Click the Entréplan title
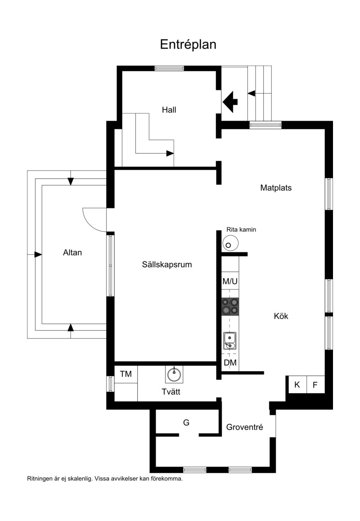(188, 45)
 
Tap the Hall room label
(169, 110)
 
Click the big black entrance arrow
(230, 101)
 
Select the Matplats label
(276, 188)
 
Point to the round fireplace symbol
(230, 243)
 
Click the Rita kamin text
(241, 229)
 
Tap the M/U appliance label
(230, 282)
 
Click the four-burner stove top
(230, 306)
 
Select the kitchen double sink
(229, 341)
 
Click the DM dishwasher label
(230, 363)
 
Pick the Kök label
(281, 316)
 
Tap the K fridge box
(297, 384)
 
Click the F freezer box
(315, 385)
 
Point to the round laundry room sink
(174, 374)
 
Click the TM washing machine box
(126, 374)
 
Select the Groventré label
(245, 427)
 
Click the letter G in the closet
(186, 422)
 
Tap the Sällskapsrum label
(167, 265)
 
